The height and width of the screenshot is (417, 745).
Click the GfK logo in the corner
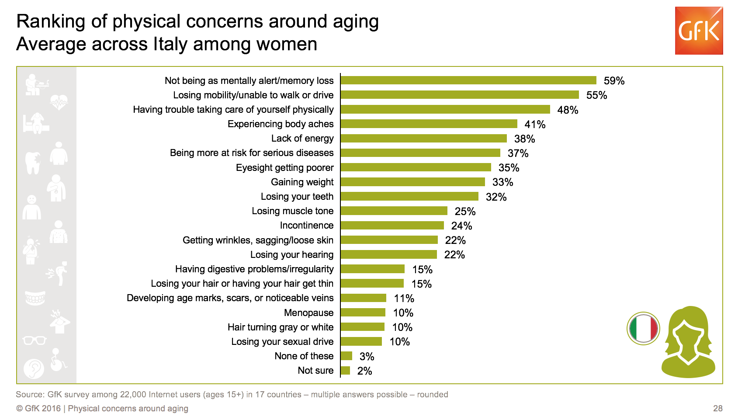698,31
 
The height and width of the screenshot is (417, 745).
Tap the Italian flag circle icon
643,328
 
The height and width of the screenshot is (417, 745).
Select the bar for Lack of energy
423,139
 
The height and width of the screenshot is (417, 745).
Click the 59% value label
614,81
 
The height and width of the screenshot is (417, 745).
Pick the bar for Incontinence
392,226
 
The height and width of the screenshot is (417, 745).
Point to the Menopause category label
308,313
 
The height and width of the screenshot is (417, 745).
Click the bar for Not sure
345,371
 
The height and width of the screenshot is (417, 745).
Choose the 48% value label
568,110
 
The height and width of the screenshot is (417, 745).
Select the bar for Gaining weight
412,182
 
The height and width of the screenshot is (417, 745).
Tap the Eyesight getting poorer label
284,168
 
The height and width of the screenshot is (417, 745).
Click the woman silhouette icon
688,342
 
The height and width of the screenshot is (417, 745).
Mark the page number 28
717,408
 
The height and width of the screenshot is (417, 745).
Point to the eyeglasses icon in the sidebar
35,340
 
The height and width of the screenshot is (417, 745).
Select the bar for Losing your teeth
409,197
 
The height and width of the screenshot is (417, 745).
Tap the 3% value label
367,357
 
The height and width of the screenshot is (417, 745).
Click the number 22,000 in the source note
133,394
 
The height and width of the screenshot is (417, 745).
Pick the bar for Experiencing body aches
429,124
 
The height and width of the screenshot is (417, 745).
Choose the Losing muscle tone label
292,211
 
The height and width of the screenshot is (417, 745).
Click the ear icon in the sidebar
34,368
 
